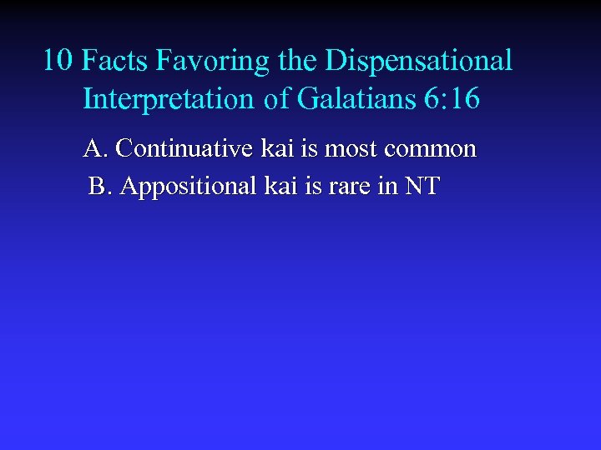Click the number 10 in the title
[x=58, y=61]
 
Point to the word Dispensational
[x=419, y=62]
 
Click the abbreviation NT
[x=422, y=186]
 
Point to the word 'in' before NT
[x=386, y=186]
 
